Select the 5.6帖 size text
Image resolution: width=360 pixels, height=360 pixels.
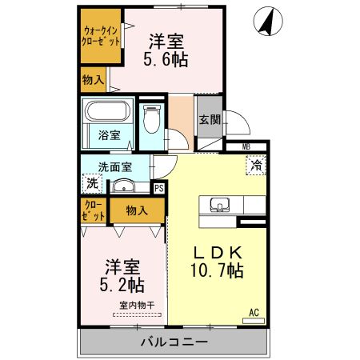tap(166, 59)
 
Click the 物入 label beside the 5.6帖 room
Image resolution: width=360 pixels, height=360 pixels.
tap(93, 79)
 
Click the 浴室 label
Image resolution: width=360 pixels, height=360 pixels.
tap(110, 135)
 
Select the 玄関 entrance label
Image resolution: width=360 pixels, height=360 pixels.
tap(210, 120)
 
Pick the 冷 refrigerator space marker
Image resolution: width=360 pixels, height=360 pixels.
tap(256, 166)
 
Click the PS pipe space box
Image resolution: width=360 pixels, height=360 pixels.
tap(159, 188)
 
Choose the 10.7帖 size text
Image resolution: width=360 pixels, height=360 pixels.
tap(216, 270)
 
